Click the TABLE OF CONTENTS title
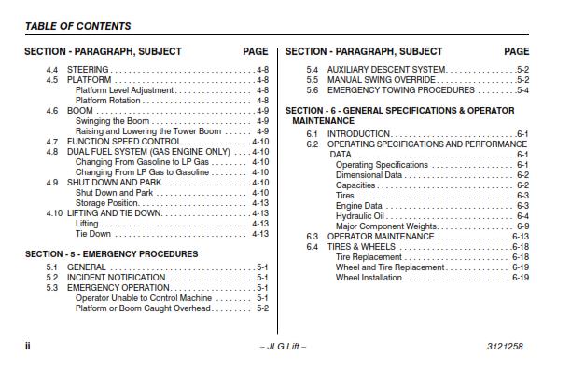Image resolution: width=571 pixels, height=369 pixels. tap(77, 26)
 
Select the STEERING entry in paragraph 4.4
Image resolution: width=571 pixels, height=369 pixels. tap(89, 70)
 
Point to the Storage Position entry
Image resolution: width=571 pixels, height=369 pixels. tap(107, 203)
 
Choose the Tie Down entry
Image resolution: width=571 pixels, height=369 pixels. tap(92, 234)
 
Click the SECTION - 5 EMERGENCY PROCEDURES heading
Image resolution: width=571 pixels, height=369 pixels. tap(111, 253)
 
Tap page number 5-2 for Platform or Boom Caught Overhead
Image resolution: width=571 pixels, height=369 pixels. tap(262, 308)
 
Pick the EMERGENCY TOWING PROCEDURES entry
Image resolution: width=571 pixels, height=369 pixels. tap(401, 90)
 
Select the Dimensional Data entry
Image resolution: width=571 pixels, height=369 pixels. tap(369, 175)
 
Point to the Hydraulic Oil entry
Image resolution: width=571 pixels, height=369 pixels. tap(360, 216)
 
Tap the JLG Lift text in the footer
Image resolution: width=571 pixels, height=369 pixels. tap(284, 346)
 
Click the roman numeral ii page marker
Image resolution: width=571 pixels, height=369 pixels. tap(28, 346)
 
